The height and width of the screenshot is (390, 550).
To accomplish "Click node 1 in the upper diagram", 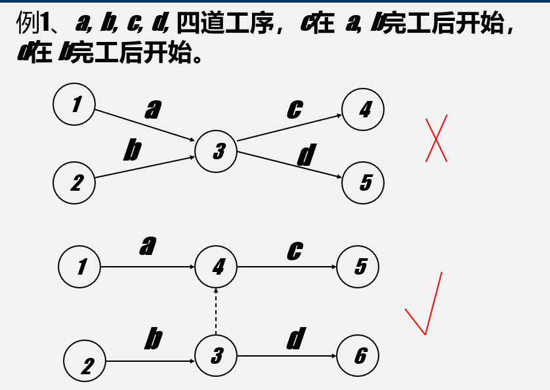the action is coord(74,104).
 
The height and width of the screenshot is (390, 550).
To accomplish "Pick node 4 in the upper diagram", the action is coord(363,109).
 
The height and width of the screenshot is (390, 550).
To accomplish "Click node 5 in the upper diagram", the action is coord(363,182).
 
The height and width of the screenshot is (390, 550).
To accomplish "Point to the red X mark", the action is coord(436,138).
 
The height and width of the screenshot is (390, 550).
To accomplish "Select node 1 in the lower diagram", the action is coord(79,267).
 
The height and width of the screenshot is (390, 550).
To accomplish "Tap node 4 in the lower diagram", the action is coord(217,267).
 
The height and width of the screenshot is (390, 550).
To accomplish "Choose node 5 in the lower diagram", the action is coord(358,267).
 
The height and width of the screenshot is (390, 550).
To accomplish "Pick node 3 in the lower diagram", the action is coord(217,356).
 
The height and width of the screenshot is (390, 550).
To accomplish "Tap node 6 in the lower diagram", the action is coord(358,356).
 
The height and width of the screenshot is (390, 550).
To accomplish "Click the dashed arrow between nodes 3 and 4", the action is coord(217,311).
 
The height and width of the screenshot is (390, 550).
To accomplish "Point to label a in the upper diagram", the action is coord(153,109).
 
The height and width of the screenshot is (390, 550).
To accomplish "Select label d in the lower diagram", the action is coord(296,339).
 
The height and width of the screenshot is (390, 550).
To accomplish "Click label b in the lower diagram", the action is coord(153,340).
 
